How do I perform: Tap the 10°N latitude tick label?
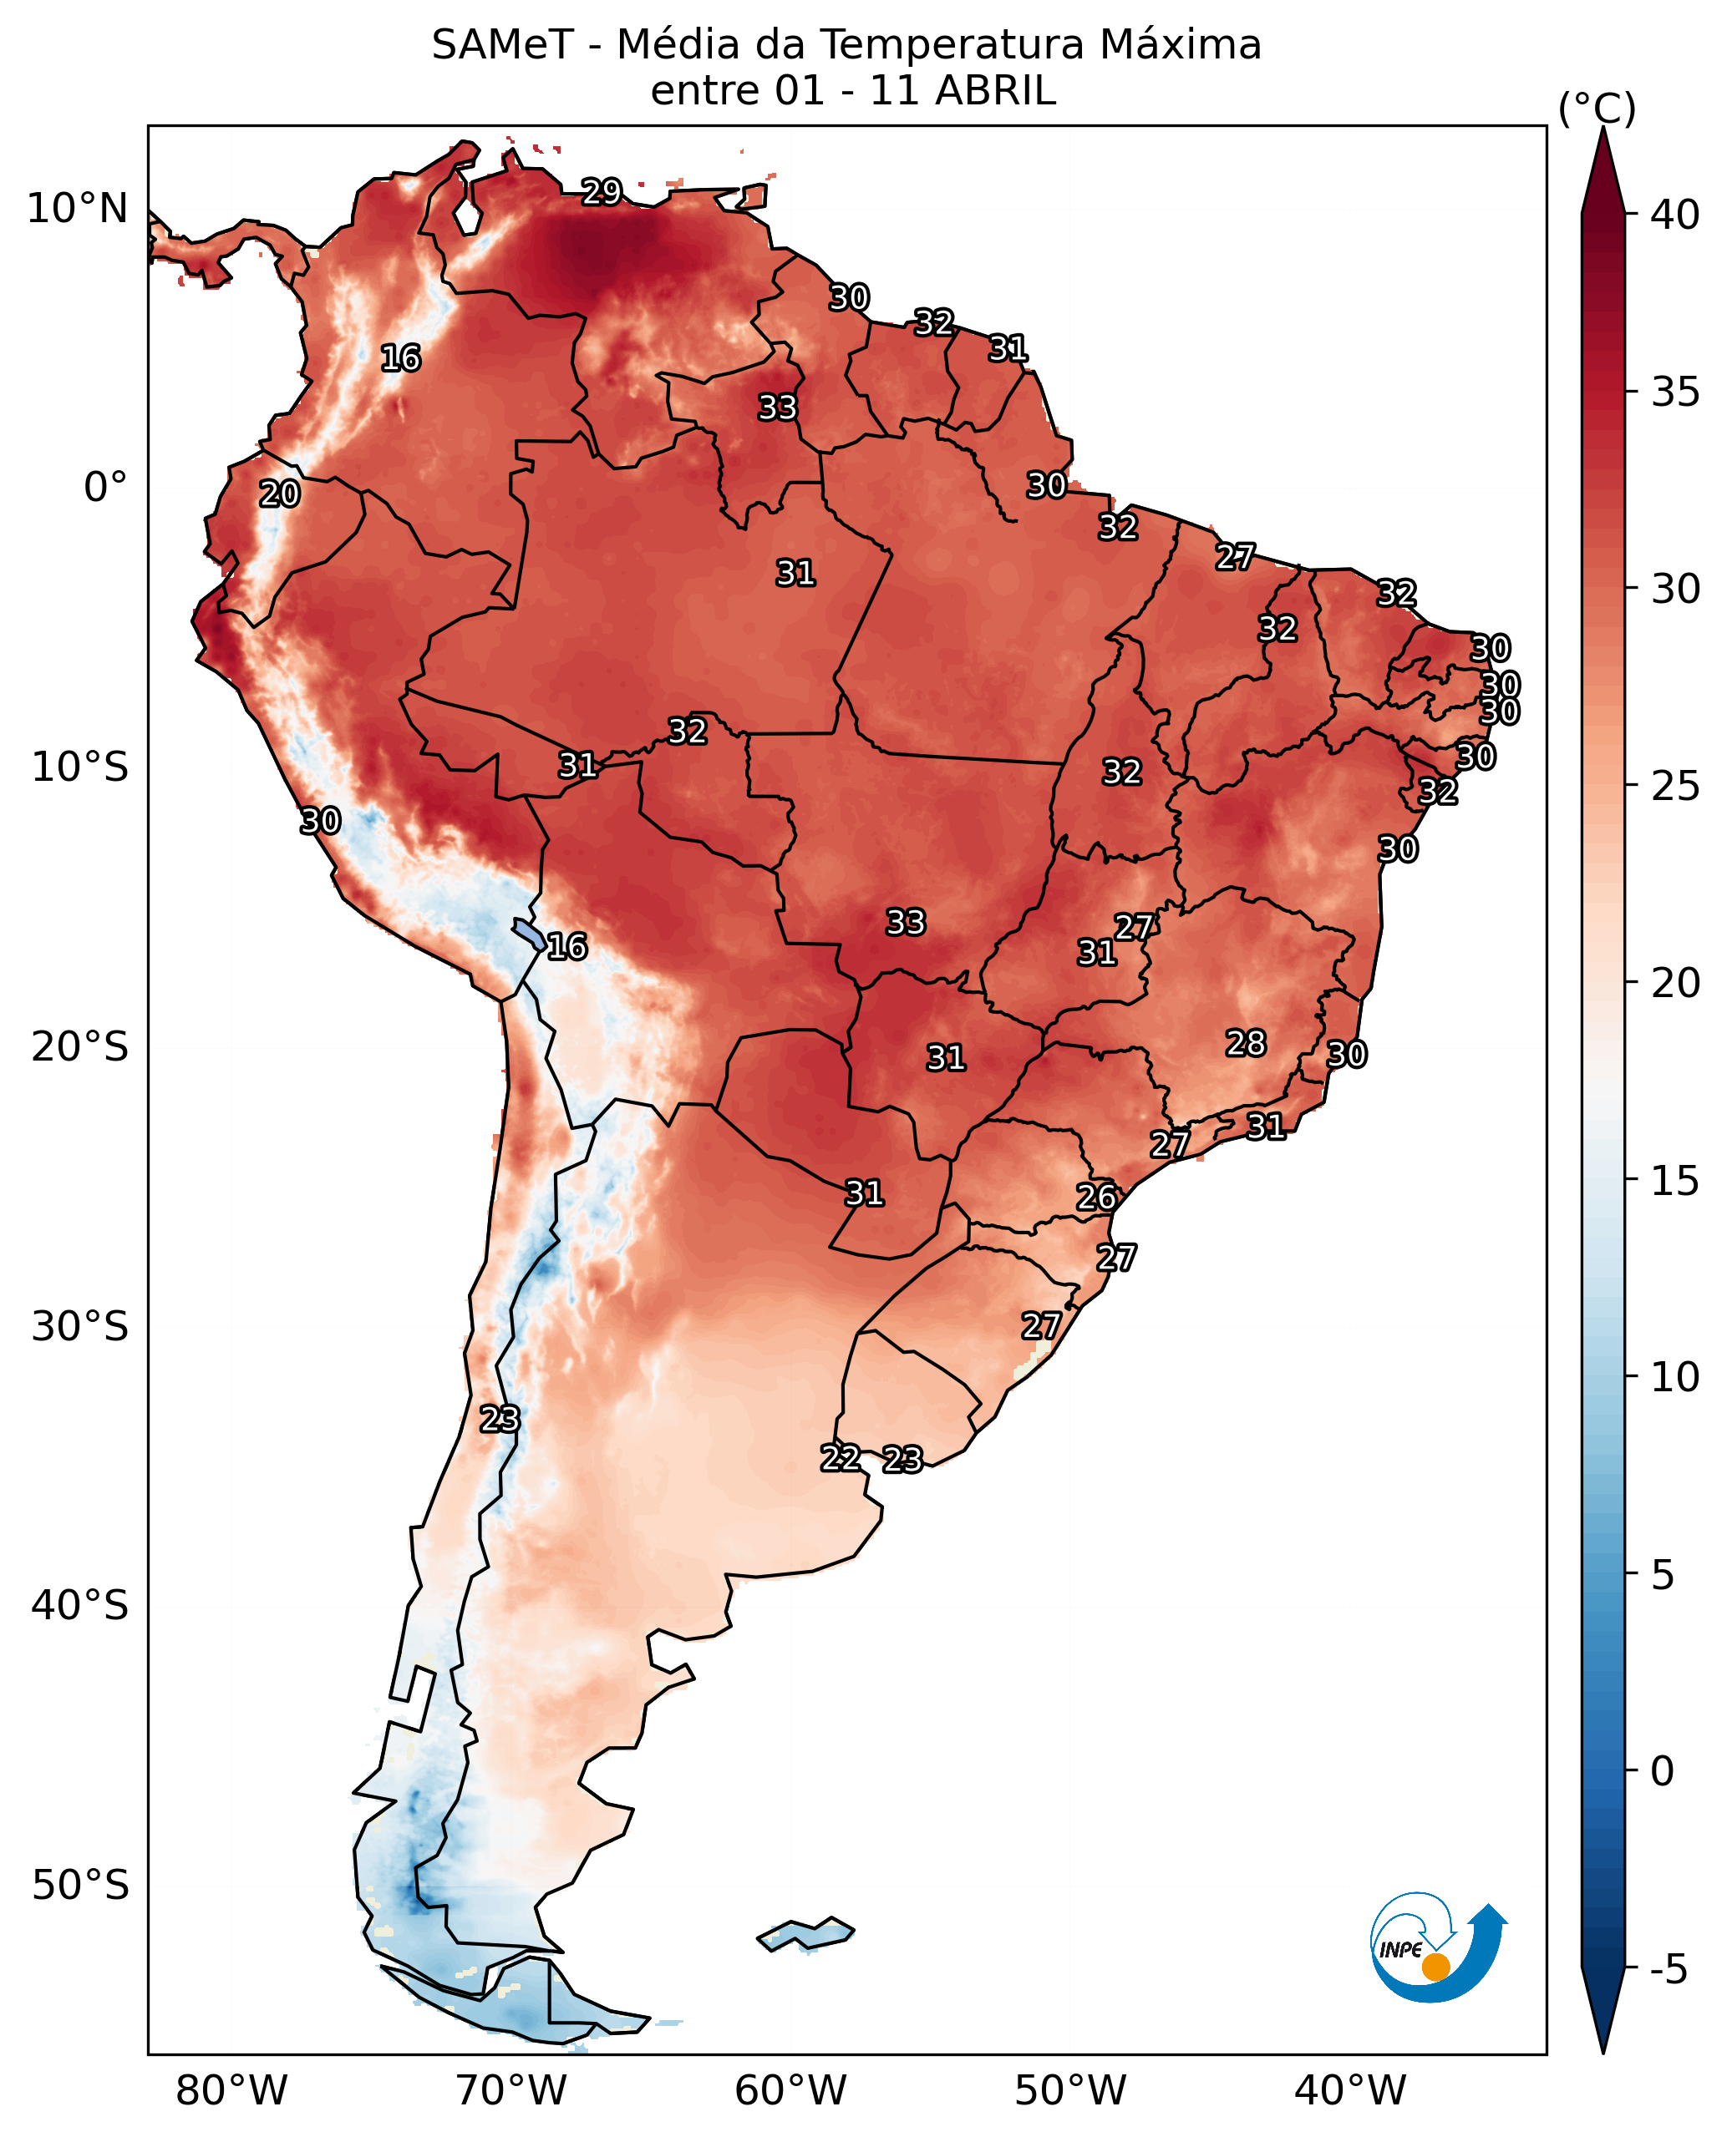pyautogui.click(x=78, y=210)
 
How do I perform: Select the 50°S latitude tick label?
pyautogui.click(x=79, y=1886)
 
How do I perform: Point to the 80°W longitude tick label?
pyautogui.click(x=231, y=2091)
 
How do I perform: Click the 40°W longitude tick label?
pyautogui.click(x=1350, y=2091)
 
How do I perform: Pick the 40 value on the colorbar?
pyautogui.click(x=1675, y=215)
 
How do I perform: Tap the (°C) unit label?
pyautogui.click(x=1597, y=109)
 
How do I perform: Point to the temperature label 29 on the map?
pyautogui.click(x=602, y=191)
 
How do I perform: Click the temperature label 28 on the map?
pyautogui.click(x=1246, y=1043)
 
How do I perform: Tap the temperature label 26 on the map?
pyautogui.click(x=1096, y=1198)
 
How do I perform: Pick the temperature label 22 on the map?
pyautogui.click(x=841, y=1459)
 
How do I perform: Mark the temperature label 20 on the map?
pyautogui.click(x=280, y=494)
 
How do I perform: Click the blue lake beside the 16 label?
pyautogui.click(x=528, y=934)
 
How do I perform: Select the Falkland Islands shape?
pyautogui.click(x=805, y=1934)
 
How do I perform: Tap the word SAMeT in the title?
pyautogui.click(x=502, y=46)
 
